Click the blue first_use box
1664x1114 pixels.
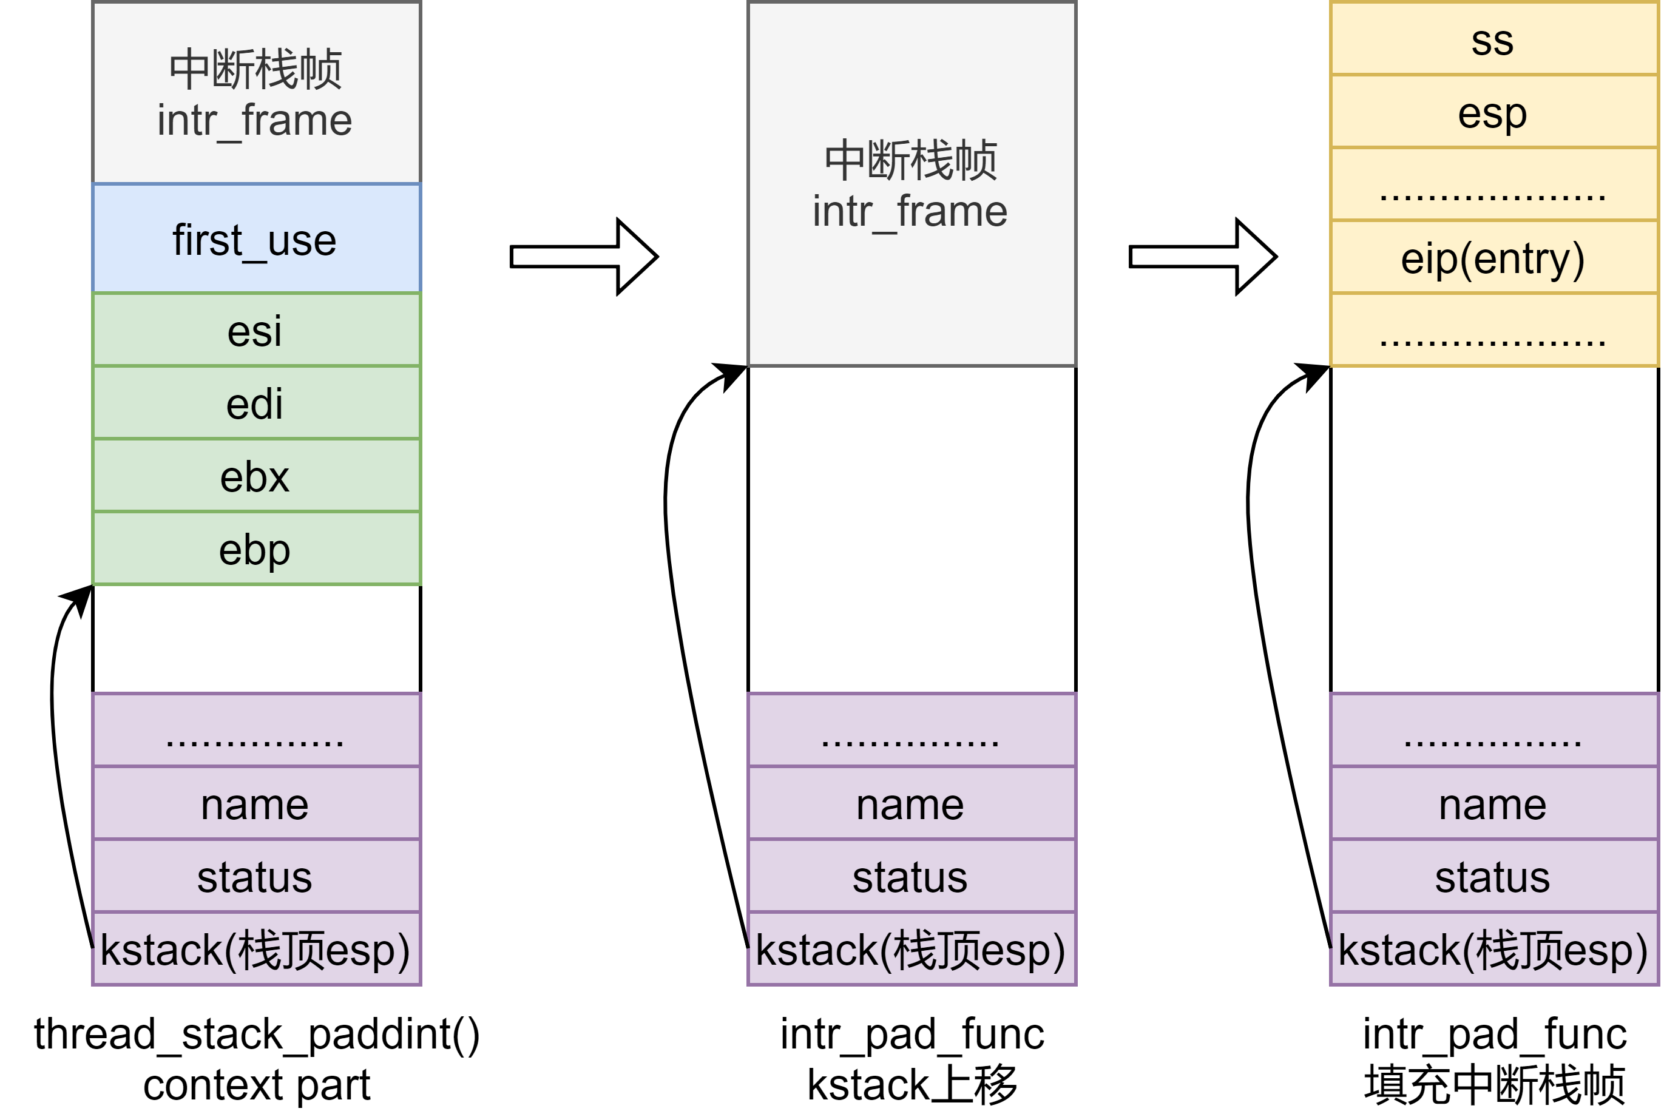point(255,238)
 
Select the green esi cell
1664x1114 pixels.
point(255,329)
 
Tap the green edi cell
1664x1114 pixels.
point(255,403)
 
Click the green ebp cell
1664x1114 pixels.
point(255,549)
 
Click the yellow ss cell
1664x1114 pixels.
point(1493,39)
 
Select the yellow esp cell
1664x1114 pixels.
point(1493,112)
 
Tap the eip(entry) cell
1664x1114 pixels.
point(1493,257)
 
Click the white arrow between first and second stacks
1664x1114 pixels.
point(583,257)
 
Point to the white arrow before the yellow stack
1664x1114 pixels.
point(1202,257)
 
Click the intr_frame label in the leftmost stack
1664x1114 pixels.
point(254,120)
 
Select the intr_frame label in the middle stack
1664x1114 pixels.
point(910,211)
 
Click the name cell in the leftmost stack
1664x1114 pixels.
point(255,803)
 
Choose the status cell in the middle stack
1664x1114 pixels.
point(911,876)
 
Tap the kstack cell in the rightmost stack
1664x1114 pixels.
point(1493,949)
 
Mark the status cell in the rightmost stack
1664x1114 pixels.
point(1493,876)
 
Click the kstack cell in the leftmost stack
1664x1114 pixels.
point(255,949)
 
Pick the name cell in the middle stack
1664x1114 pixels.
point(911,803)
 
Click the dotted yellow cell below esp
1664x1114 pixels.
point(1493,184)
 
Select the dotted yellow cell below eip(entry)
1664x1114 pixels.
point(1493,329)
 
